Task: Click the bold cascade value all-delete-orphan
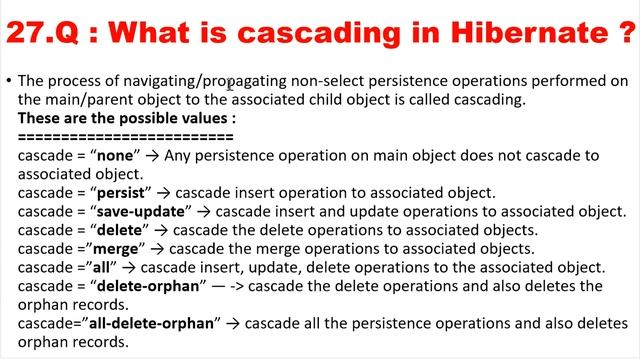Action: pyautogui.click(x=150, y=322)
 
